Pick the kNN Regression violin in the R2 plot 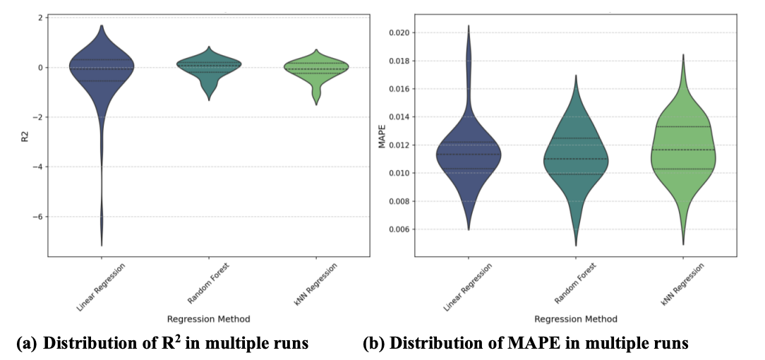point(316,68)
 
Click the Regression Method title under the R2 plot point(209,318)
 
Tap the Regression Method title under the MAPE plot point(576,318)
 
